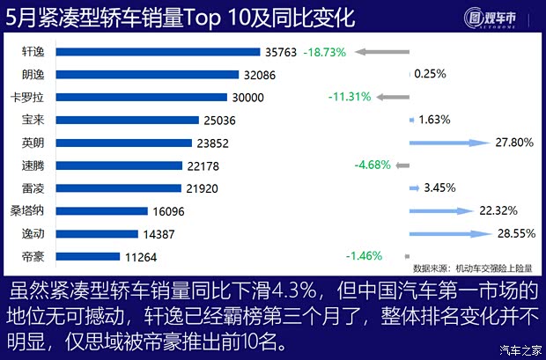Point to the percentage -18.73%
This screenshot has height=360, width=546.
coord(327,52)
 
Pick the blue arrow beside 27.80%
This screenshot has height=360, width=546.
coord(448,142)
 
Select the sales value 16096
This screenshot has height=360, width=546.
coord(167,211)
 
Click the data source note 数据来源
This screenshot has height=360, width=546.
coord(472,268)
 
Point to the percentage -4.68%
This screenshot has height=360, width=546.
coord(373,165)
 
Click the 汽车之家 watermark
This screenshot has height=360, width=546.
coord(518,349)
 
